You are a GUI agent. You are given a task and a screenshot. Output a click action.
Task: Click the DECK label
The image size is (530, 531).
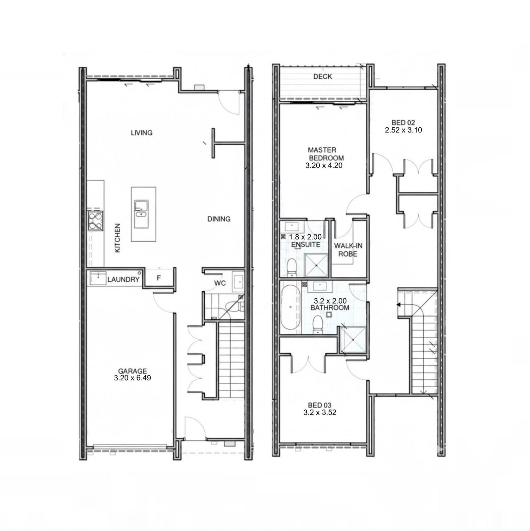click(x=323, y=76)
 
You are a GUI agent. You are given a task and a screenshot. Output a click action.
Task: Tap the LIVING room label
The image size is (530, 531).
click(x=141, y=133)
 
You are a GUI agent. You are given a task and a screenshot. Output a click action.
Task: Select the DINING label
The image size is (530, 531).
click(x=219, y=219)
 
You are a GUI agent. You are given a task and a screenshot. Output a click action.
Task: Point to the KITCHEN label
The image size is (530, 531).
click(x=117, y=238)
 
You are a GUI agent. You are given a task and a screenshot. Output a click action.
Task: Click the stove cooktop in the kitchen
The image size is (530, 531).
click(x=95, y=221)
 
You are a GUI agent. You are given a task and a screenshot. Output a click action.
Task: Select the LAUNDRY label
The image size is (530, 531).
click(x=123, y=280)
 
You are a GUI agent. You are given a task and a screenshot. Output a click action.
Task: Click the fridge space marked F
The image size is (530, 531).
click(x=159, y=278)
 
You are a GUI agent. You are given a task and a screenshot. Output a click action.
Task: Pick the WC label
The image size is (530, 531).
click(x=220, y=283)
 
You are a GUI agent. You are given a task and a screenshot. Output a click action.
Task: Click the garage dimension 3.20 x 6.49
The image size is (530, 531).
click(x=132, y=378)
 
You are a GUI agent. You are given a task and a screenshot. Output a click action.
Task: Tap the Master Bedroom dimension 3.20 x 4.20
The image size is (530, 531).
click(x=324, y=165)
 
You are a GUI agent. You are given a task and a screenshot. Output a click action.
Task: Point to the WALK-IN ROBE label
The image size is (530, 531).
click(x=348, y=250)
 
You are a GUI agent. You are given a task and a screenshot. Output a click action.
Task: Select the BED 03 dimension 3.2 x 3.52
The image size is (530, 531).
click(x=320, y=412)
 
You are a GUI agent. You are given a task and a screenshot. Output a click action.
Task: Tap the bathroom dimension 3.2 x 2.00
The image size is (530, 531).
click(x=330, y=301)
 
